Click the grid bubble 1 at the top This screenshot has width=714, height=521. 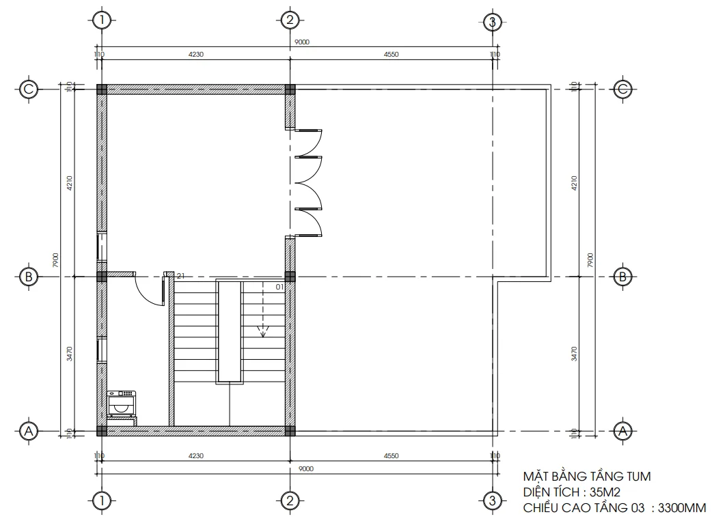(x=102, y=20)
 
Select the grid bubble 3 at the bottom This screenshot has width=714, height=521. (x=491, y=501)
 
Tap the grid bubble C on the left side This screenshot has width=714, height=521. (x=29, y=89)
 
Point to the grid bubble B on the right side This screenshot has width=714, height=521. (x=622, y=277)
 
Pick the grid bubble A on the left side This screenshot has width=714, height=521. (x=29, y=431)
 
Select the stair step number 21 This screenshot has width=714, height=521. (x=181, y=276)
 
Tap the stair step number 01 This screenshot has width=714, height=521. (x=279, y=287)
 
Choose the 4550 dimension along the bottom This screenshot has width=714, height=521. (x=391, y=455)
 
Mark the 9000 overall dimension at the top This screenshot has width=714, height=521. (x=302, y=42)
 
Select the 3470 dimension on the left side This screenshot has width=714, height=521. (x=70, y=354)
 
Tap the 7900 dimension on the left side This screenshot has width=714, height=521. (x=57, y=259)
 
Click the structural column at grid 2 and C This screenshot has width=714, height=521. (x=290, y=89)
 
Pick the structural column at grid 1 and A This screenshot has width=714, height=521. (x=102, y=431)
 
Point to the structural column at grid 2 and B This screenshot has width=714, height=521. (x=290, y=277)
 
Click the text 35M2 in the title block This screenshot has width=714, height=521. (x=606, y=492)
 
